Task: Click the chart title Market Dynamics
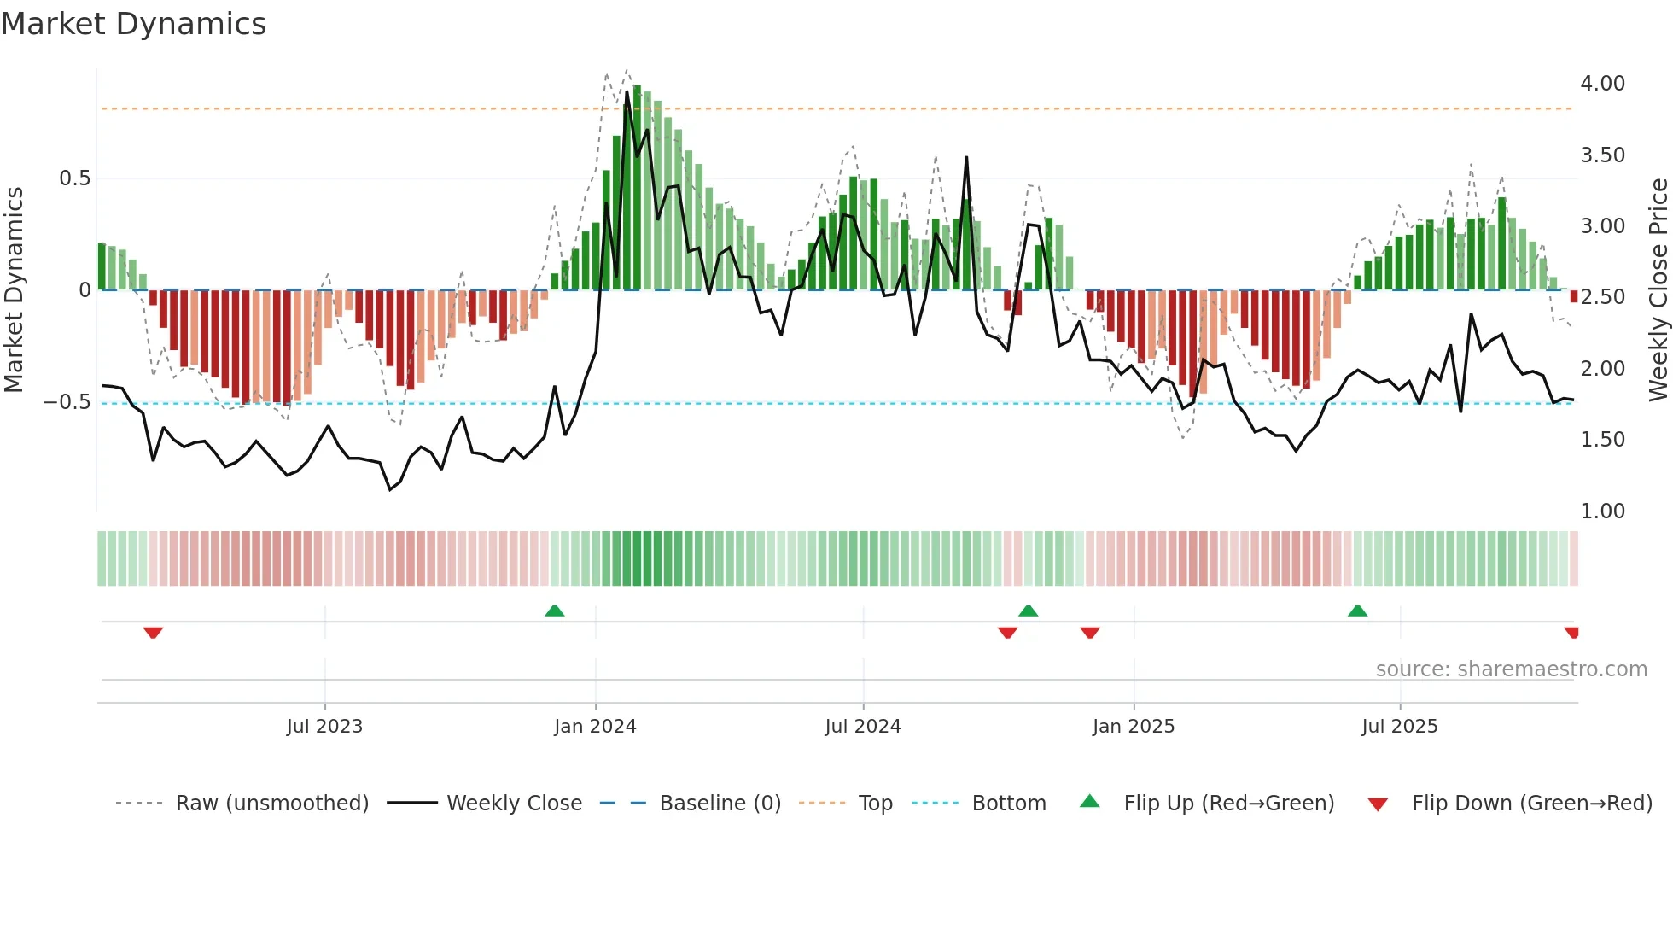point(134,24)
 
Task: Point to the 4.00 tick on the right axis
point(1602,84)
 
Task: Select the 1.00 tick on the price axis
point(1602,511)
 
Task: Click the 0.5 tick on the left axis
point(74,178)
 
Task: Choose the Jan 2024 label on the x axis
point(595,727)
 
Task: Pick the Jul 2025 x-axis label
point(1399,727)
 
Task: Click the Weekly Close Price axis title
point(1658,290)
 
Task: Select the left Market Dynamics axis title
point(14,290)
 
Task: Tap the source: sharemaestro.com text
point(1511,669)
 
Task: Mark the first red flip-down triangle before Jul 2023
point(153,633)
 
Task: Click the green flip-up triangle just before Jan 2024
point(555,611)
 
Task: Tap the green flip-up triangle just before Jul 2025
point(1357,611)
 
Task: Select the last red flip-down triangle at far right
point(1571,633)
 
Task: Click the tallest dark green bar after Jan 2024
point(637,188)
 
